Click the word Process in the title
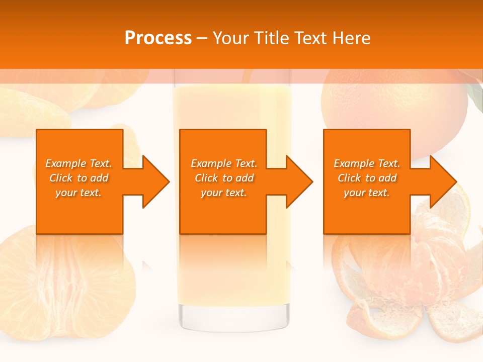pyautogui.click(x=158, y=38)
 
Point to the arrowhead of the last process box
pyautogui.click(x=442, y=182)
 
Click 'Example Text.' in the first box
pyautogui.click(x=78, y=163)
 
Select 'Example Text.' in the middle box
pyautogui.click(x=224, y=163)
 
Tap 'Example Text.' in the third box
pyautogui.click(x=367, y=163)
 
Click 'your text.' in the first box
pyautogui.click(x=78, y=193)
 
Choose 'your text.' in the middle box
pyautogui.click(x=224, y=193)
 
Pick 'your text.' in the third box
pyautogui.click(x=367, y=193)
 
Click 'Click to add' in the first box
pyautogui.click(x=78, y=178)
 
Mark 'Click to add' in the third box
pyautogui.click(x=367, y=178)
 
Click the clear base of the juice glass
pyautogui.click(x=234, y=317)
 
